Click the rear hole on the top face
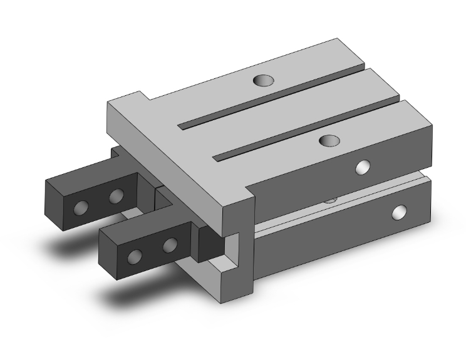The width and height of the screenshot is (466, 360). click(x=264, y=80)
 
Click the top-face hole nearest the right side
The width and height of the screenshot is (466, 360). click(x=328, y=140)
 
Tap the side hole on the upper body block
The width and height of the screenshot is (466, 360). click(x=362, y=167)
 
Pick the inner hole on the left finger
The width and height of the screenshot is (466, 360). click(x=115, y=198)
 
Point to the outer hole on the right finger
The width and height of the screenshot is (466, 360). click(x=134, y=256)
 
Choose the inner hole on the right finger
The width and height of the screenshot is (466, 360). click(x=169, y=245)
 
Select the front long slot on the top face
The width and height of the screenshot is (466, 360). click(x=307, y=125)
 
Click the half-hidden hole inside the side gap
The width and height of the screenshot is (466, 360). click(x=330, y=200)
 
